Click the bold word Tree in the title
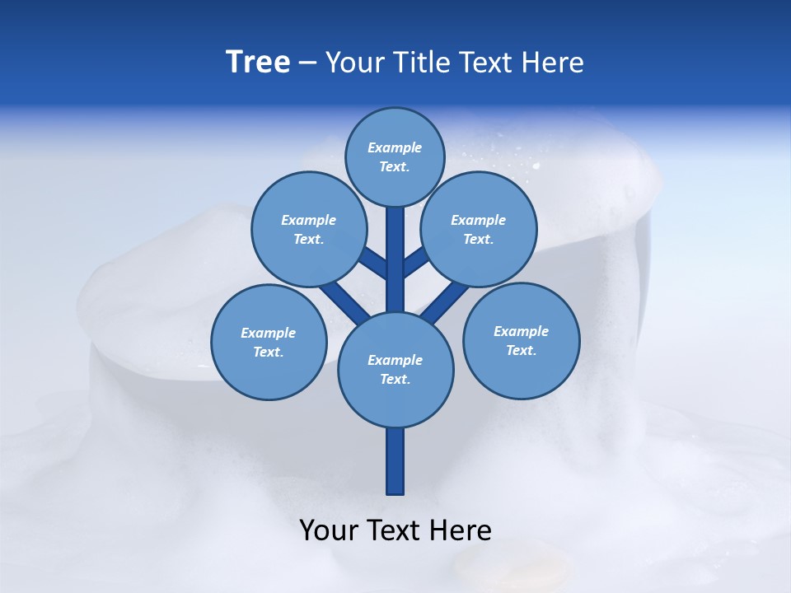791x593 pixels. pyautogui.click(x=258, y=63)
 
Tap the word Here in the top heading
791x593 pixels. pyautogui.click(x=553, y=63)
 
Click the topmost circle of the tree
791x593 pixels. pyautogui.click(x=395, y=157)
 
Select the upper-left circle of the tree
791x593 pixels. pyautogui.click(x=308, y=229)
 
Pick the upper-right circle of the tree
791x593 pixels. pyautogui.click(x=479, y=229)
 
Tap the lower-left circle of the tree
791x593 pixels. pyautogui.click(x=269, y=342)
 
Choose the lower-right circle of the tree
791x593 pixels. pyautogui.click(x=521, y=340)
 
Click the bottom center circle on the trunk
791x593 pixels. pyautogui.click(x=395, y=369)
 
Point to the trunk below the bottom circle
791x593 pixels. pyautogui.click(x=395, y=460)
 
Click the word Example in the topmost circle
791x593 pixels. pyautogui.click(x=395, y=147)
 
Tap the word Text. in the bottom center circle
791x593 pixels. pyautogui.click(x=395, y=379)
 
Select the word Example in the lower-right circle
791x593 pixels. pyautogui.click(x=521, y=331)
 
